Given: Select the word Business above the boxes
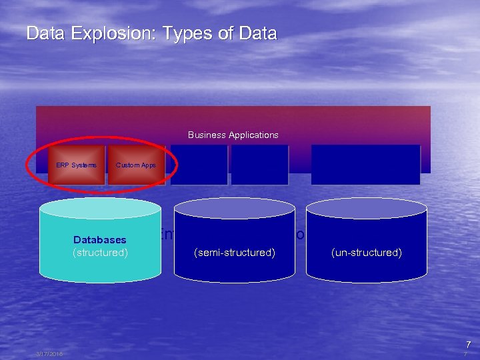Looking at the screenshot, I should [x=207, y=135].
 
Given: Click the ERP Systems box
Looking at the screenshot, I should [x=76, y=165].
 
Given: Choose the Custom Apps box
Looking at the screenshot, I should [x=135, y=165].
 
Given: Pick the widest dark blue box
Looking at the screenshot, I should [x=365, y=165].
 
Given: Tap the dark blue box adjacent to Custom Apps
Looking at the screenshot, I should [x=199, y=165].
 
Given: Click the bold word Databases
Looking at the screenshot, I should [x=100, y=239].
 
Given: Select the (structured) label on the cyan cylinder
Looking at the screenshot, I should [x=100, y=253].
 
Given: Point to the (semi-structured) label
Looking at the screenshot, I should [x=234, y=253].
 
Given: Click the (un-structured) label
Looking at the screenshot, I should [x=366, y=253].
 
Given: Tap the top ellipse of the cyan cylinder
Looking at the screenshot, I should [x=100, y=208].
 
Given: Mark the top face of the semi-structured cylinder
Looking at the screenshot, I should [x=234, y=208].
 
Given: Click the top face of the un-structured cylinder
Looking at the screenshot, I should [x=366, y=208].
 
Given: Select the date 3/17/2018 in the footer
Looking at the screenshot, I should [x=49, y=354].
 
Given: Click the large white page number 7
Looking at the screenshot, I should [x=468, y=344].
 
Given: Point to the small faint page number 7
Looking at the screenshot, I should [x=465, y=355].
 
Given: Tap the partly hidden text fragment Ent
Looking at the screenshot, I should [x=167, y=234].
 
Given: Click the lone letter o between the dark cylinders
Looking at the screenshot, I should [x=300, y=235].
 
